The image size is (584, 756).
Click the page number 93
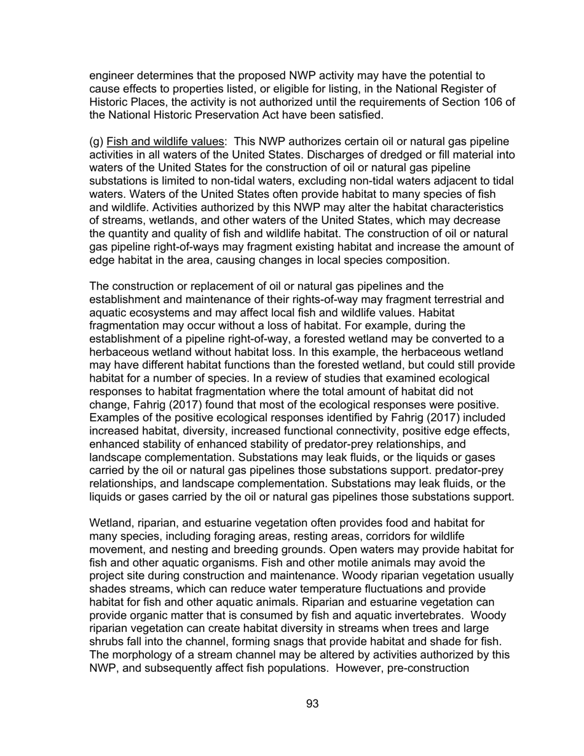point(312,704)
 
